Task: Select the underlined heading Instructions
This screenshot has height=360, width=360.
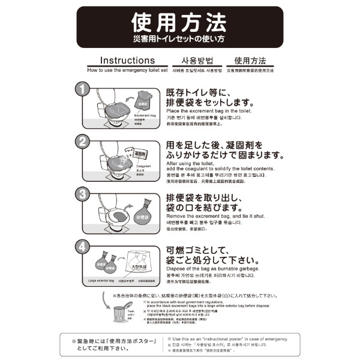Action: point(127,61)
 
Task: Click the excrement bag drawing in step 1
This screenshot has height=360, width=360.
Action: point(144,98)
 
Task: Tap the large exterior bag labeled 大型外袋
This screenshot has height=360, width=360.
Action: point(142,266)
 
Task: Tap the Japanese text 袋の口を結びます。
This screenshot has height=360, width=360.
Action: point(207,206)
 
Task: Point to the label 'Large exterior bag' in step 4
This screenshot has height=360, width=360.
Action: point(101,280)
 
